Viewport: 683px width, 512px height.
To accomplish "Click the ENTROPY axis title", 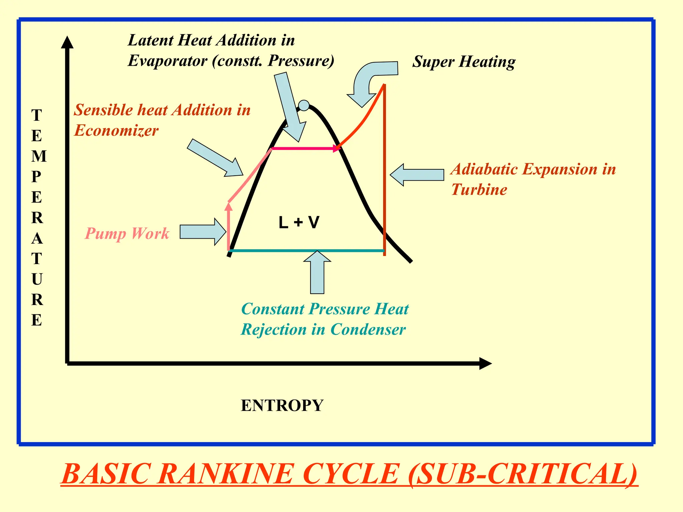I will pyautogui.click(x=282, y=406).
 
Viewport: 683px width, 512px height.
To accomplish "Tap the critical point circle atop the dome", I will pyautogui.click(x=304, y=105).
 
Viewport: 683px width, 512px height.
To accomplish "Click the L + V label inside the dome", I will pyautogui.click(x=299, y=222).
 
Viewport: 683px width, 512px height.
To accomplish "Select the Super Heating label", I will pyautogui.click(x=464, y=62).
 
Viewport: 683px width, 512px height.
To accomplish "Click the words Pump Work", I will pyautogui.click(x=127, y=233).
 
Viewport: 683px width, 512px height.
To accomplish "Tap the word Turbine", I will pyautogui.click(x=479, y=190).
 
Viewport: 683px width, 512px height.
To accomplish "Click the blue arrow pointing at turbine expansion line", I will pyautogui.click(x=417, y=175).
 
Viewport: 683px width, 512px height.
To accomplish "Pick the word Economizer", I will pyautogui.click(x=116, y=130).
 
